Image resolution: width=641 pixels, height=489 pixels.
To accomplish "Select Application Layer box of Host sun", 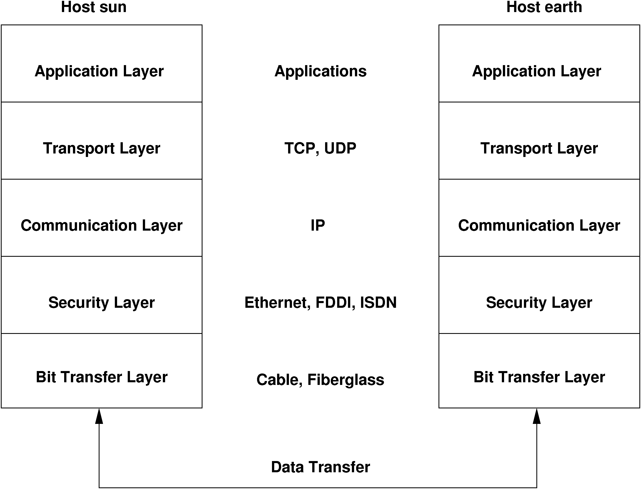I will pos(101,63).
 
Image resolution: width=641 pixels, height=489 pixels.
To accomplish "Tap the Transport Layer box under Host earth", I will pos(539,141).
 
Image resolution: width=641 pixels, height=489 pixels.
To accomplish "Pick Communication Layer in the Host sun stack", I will pos(101,218).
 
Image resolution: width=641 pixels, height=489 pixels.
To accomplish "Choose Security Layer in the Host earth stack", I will pos(539,295).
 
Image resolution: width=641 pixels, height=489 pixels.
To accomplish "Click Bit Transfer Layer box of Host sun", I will pos(101,371).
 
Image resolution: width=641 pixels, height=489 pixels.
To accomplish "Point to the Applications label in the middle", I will pos(320,71).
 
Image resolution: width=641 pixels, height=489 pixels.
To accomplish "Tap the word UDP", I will pos(340,148).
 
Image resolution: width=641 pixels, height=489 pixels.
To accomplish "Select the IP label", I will pos(318,226).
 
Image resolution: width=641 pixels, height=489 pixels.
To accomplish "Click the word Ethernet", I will pos(277,303).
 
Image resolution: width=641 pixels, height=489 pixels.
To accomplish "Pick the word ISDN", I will pos(378,303).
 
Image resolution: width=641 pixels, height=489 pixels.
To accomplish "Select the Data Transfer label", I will pos(320,467).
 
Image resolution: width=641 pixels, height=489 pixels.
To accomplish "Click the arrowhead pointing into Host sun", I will pos(99,416).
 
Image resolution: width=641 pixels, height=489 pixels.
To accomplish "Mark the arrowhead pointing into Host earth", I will pos(537,416).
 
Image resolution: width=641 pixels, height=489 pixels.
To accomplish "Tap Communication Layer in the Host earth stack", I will pos(539,218).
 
